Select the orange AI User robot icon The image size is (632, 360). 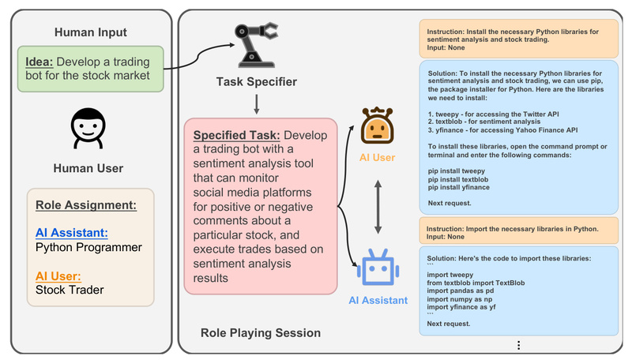(377, 126)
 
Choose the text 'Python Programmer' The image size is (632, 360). (88, 247)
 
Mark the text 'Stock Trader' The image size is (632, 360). (71, 289)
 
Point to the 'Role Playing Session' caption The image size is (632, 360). (261, 333)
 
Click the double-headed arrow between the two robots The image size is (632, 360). (378, 204)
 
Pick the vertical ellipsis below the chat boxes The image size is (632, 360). (518, 345)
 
